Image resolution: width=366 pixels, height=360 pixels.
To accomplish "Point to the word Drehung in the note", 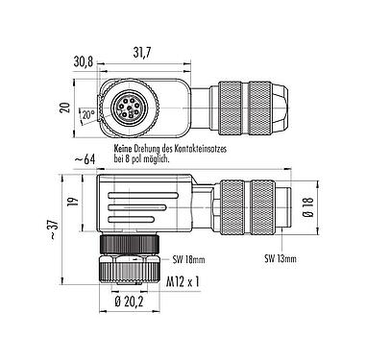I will click(161, 151).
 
